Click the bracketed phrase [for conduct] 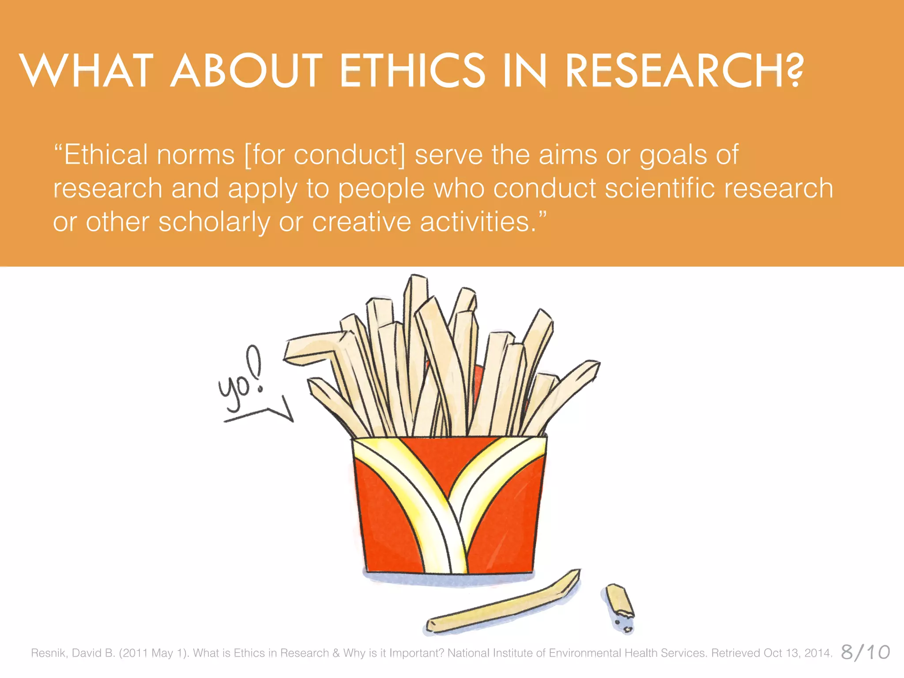point(324,155)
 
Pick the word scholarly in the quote point(214,222)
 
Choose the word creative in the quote point(362,222)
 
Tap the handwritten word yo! point(241,380)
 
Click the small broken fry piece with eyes point(620,607)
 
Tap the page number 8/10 point(865,652)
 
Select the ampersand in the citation point(336,653)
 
